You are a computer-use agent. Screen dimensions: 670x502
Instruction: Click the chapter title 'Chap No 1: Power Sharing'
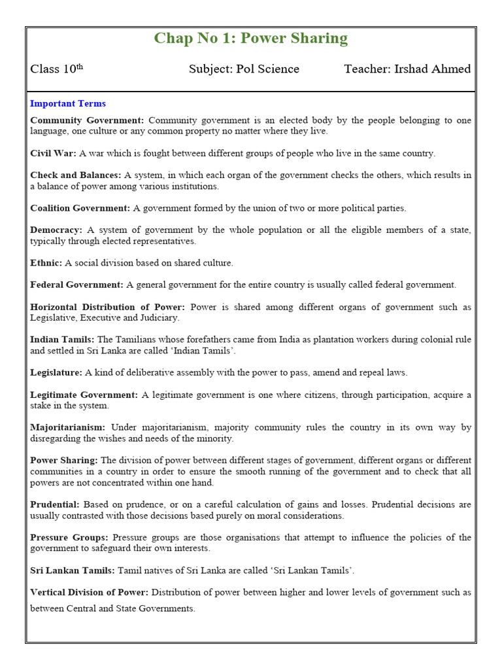(251, 39)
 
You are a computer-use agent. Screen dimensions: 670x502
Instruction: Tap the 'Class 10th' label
(56, 69)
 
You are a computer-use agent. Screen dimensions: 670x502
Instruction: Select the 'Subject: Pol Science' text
(244, 69)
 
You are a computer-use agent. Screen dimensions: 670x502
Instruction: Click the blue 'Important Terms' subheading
(68, 103)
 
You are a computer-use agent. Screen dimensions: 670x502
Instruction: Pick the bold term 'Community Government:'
(87, 120)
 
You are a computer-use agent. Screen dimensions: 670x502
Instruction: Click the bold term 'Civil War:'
(53, 153)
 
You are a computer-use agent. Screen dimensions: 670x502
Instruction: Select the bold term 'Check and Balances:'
(76, 175)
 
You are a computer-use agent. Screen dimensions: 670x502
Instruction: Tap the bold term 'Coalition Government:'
(80, 208)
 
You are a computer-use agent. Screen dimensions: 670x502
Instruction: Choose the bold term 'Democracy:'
(56, 230)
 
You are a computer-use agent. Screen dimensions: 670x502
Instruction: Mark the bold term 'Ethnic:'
(46, 263)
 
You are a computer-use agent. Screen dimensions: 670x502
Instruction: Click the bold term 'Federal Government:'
(76, 285)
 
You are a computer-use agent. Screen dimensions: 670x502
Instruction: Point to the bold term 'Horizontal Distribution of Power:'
(108, 307)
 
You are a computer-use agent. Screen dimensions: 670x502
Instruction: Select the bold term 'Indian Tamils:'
(62, 340)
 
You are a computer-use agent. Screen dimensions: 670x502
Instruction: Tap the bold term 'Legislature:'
(56, 372)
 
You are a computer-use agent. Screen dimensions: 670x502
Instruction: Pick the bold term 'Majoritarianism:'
(68, 427)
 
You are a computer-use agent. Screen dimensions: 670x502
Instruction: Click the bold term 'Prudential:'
(55, 504)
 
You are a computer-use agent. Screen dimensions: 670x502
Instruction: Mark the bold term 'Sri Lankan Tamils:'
(73, 571)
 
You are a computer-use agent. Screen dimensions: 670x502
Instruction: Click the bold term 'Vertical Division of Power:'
(90, 592)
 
